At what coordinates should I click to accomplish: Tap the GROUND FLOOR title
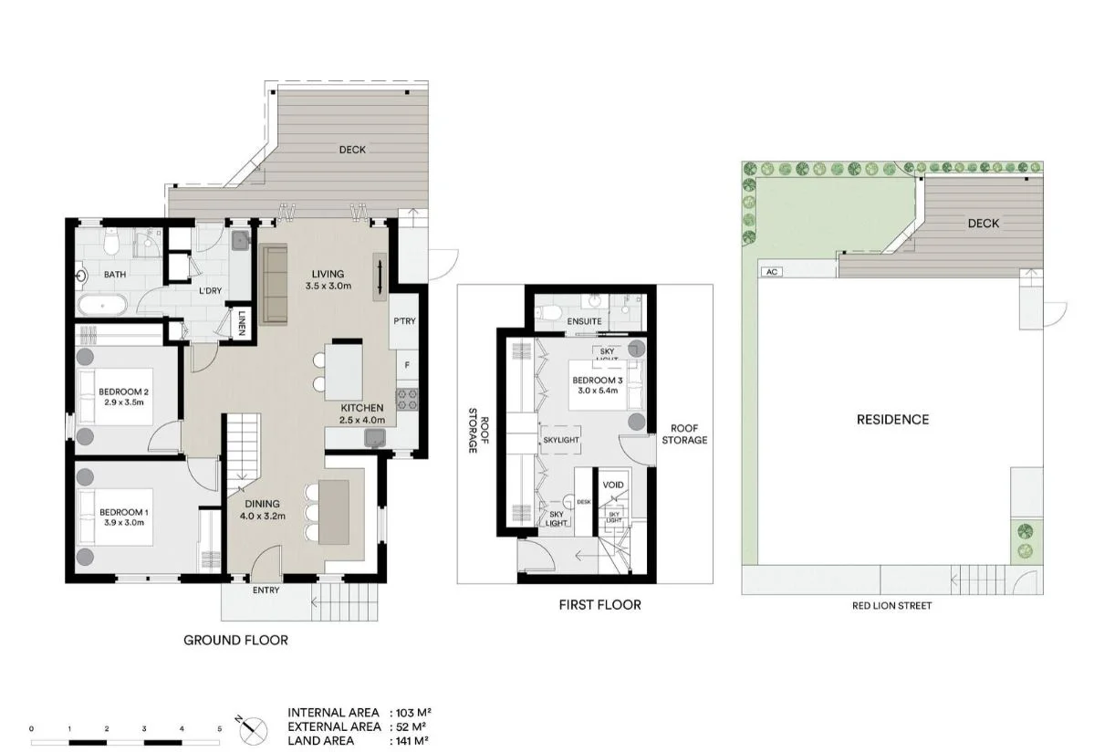pos(235,641)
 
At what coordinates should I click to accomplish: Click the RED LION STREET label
pos(891,605)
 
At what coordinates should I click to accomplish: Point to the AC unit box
pos(771,271)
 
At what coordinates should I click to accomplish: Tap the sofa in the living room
pos(273,284)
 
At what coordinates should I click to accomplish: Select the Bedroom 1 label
pos(123,512)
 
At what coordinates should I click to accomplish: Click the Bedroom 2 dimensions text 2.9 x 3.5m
pos(123,402)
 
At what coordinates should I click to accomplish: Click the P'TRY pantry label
pos(404,321)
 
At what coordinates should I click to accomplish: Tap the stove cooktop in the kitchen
pos(406,398)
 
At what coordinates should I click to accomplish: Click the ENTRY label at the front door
pos(266,590)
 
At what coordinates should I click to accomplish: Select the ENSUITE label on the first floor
pos(584,322)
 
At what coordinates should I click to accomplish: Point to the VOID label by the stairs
pos(613,485)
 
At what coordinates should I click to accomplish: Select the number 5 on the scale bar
pos(219,729)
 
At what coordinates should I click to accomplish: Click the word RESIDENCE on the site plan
pos(891,420)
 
